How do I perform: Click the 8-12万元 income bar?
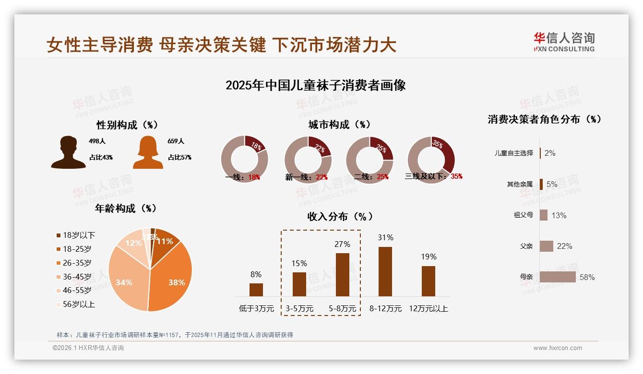385,271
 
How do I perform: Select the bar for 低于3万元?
256,290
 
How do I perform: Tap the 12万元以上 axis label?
428,309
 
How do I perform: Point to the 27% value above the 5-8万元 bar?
342,244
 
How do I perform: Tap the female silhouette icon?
148,152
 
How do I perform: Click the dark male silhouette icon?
68,152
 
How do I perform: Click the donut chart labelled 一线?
244,159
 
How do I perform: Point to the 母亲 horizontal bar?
558,277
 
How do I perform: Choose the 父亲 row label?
526,246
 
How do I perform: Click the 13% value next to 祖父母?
559,215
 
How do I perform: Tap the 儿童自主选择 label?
514,153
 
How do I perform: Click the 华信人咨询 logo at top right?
564,42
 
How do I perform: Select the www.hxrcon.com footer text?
558,348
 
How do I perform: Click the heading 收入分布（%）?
340,216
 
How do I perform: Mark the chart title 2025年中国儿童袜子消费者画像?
316,85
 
